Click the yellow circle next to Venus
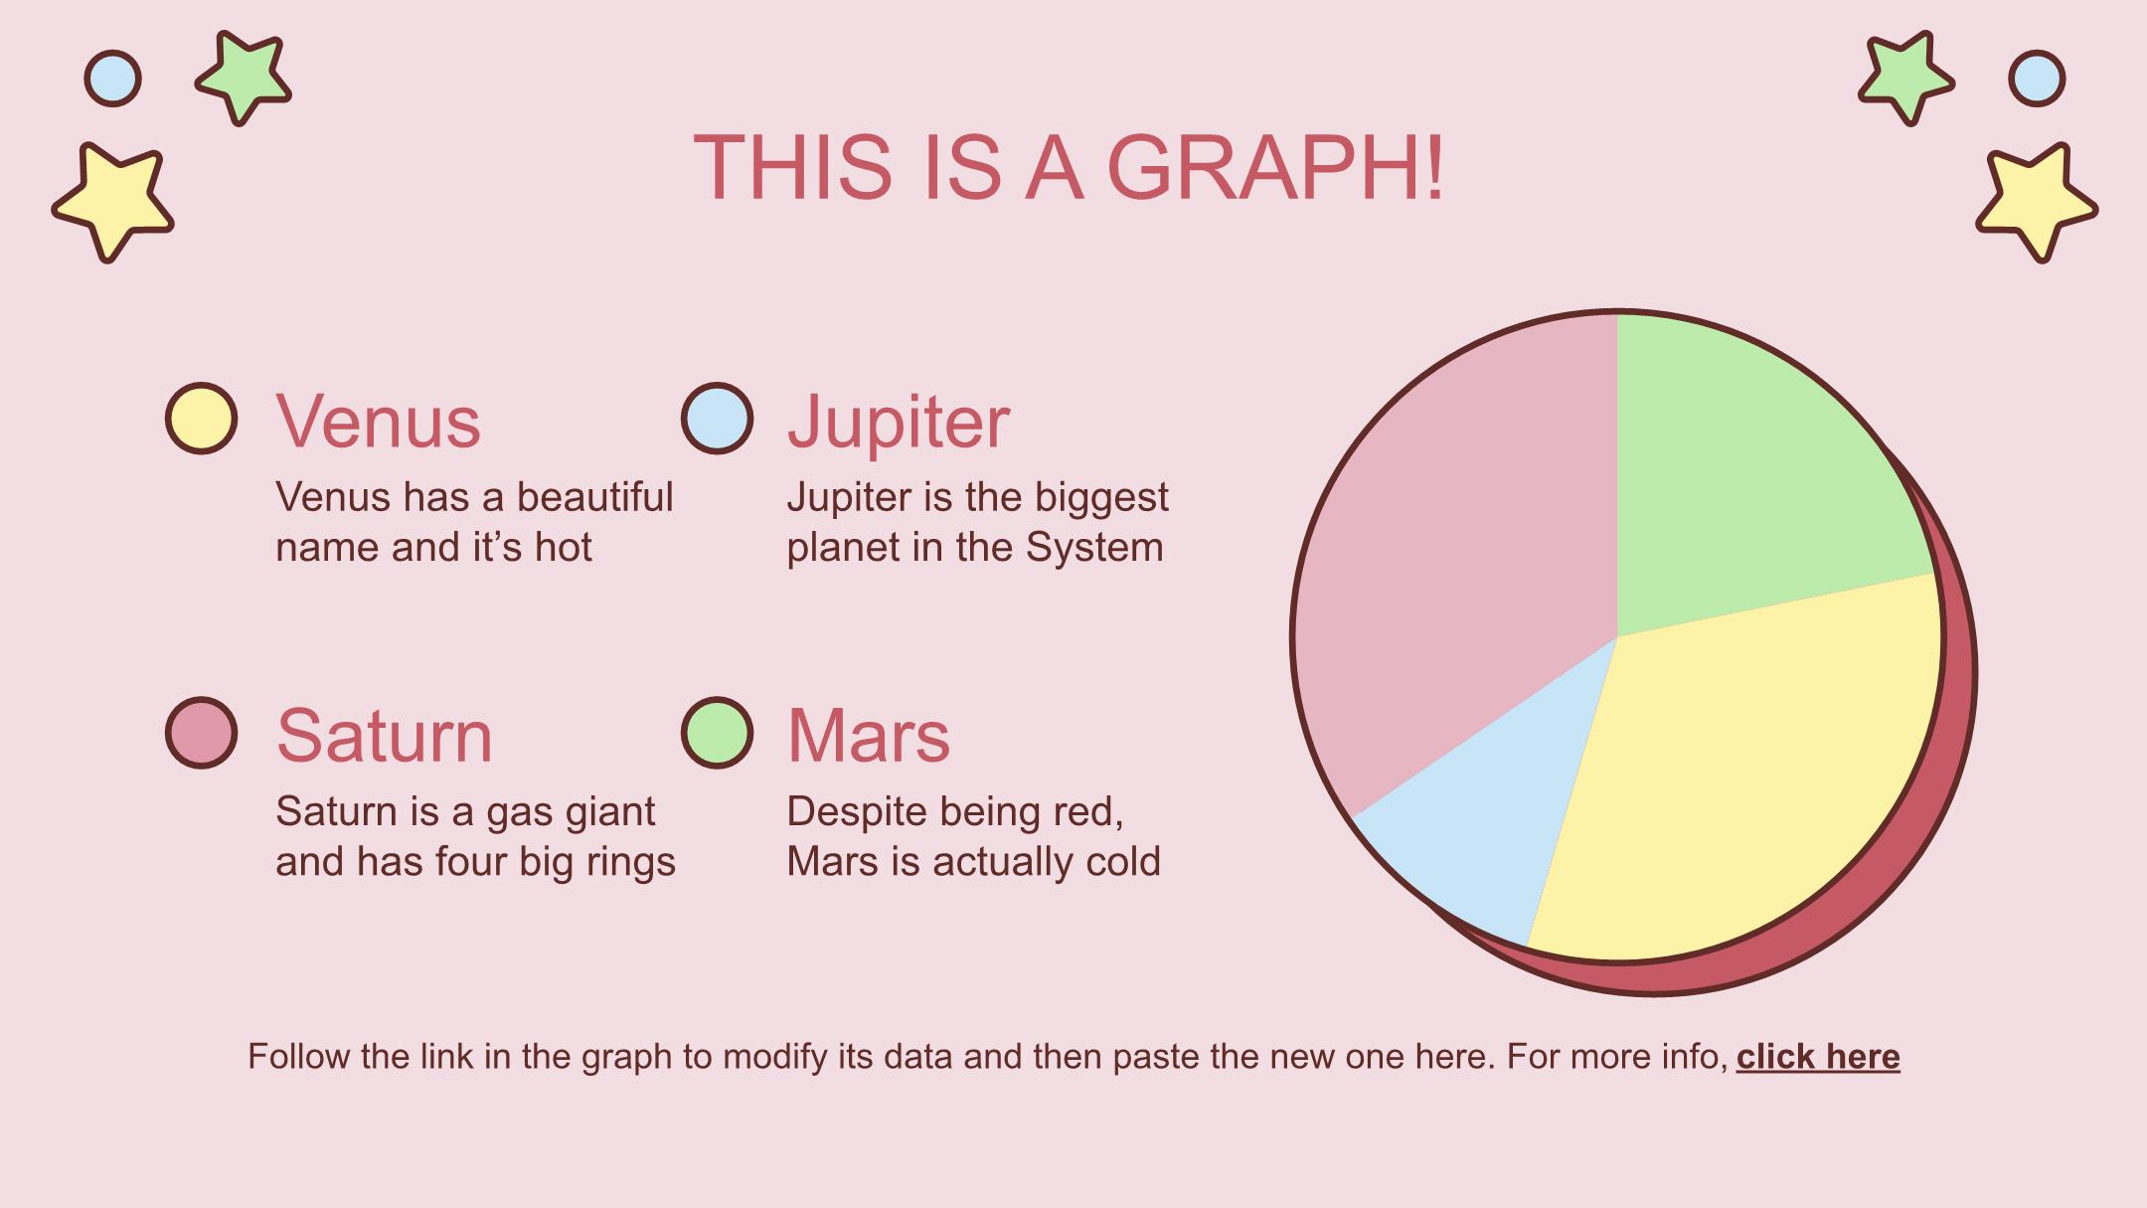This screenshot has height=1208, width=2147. coord(201,419)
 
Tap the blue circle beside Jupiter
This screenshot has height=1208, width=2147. coord(717,419)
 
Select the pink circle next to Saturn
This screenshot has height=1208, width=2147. coord(201,733)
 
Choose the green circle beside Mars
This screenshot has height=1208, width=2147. coord(717,733)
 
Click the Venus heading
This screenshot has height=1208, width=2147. coord(378,422)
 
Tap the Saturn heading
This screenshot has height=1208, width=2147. coord(384,737)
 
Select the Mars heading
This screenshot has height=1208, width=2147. coord(869,737)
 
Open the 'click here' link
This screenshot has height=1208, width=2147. coord(1818,1056)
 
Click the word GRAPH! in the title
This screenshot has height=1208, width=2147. coord(1275,166)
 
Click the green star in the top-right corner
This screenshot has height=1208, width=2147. coord(1905,78)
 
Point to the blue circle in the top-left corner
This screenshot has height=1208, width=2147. coord(112,78)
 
